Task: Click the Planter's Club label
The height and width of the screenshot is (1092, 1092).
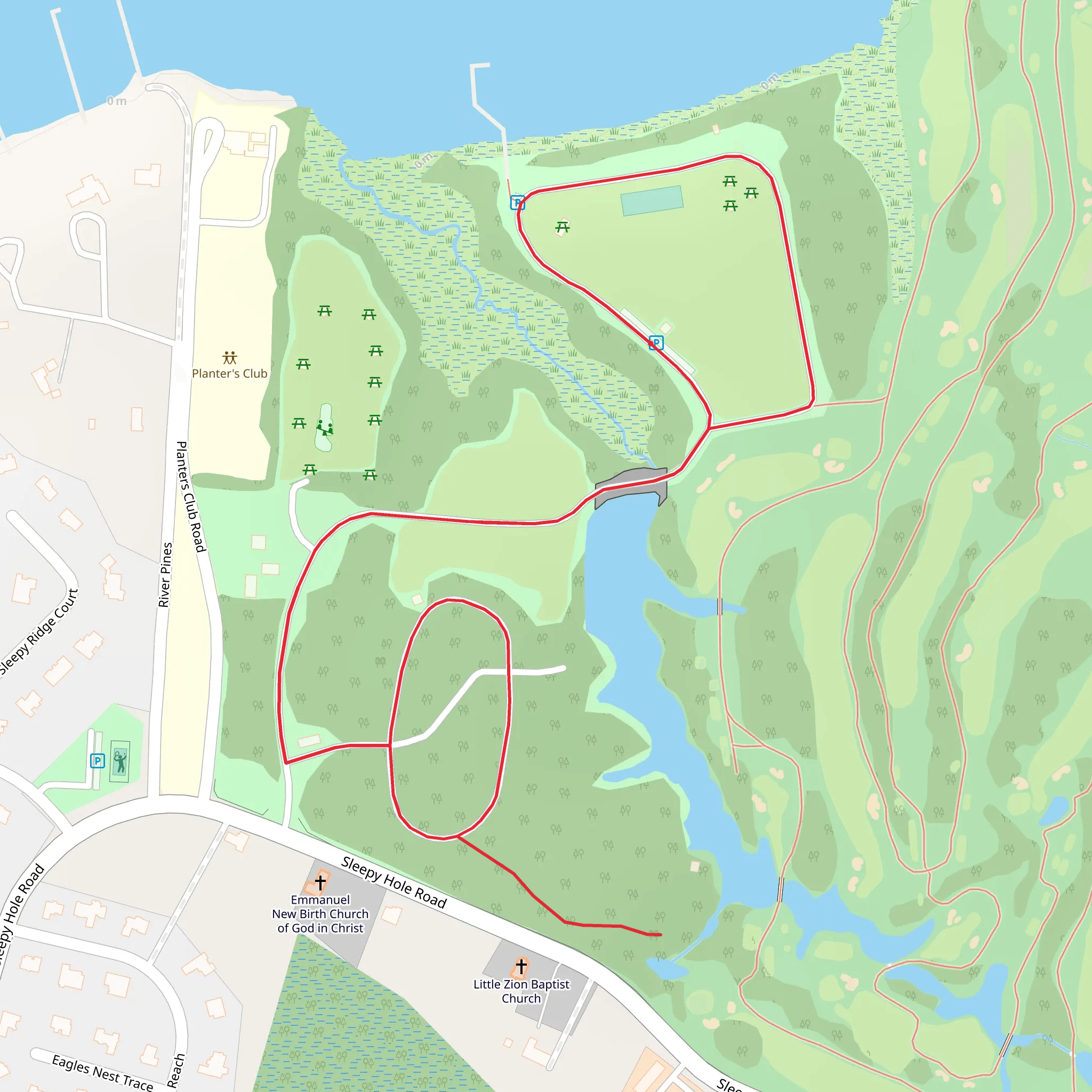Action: point(229,374)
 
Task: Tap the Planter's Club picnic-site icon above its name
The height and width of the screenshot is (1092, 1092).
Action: point(229,358)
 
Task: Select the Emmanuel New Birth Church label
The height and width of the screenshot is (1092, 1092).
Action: point(320,914)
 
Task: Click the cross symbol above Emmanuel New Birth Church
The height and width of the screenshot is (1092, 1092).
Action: point(320,882)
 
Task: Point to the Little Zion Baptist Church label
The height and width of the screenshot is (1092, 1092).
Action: point(521,991)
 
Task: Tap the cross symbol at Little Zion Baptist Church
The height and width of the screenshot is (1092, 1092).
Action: point(521,967)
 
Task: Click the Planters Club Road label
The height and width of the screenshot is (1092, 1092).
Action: point(190,497)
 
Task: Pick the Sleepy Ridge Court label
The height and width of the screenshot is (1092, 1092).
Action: point(38,632)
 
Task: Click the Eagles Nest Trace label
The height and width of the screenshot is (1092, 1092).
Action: point(102,1073)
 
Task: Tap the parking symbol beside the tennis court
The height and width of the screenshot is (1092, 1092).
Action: point(98,761)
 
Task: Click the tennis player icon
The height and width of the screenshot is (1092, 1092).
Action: point(120,761)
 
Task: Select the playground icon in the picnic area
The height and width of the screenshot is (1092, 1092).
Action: point(324,427)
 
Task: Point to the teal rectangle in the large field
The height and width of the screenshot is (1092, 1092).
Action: point(652,200)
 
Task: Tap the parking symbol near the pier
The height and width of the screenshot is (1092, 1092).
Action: point(517,202)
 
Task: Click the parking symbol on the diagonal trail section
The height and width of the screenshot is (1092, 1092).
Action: point(656,342)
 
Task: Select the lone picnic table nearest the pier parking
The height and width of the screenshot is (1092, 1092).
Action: point(562,227)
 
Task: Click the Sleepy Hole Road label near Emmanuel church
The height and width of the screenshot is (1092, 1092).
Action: point(394,882)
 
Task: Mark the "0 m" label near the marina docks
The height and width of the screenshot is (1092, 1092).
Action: point(117,101)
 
